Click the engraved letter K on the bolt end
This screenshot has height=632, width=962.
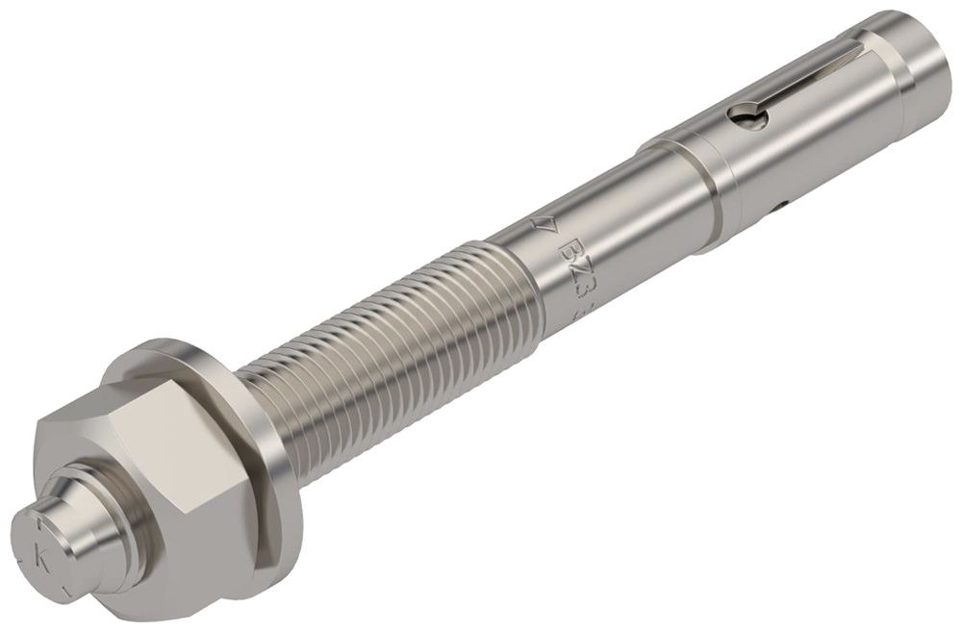pyautogui.click(x=40, y=555)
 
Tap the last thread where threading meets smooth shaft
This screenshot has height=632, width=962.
pyautogui.click(x=515, y=289)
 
